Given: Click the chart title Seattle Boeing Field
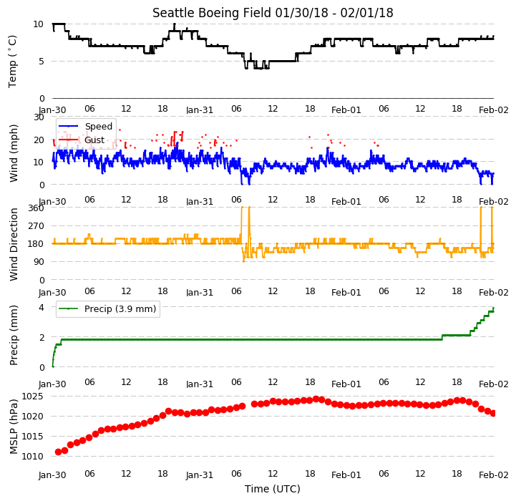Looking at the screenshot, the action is [x=212, y=13].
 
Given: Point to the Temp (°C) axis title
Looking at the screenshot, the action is [x=12, y=62].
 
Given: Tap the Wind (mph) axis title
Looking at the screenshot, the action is [x=13, y=153].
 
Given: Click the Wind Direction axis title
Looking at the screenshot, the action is [x=14, y=244].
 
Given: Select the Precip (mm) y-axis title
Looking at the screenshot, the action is [x=13, y=335].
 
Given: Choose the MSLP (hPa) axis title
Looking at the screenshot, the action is [x=13, y=427].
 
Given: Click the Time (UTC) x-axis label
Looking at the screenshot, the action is [x=273, y=489].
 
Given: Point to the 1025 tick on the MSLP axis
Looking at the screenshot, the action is [x=32, y=396].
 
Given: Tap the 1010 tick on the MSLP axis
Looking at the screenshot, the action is [x=32, y=456].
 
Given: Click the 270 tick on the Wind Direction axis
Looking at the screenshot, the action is [x=36, y=226].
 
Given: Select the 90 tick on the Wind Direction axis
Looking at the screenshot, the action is [x=39, y=262].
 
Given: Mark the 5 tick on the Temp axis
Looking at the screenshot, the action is [x=41, y=62].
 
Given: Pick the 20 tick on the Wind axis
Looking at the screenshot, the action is [x=39, y=140].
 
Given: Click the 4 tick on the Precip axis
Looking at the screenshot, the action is [x=41, y=308].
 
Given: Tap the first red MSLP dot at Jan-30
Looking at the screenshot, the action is [x=58, y=452].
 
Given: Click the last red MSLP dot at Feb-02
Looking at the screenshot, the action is [x=493, y=414].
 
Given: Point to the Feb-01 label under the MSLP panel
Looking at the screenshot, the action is [x=346, y=475].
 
